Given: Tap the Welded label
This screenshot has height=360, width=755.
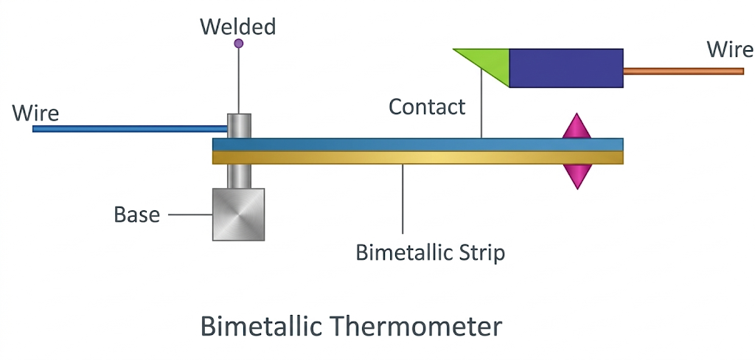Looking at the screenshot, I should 238,27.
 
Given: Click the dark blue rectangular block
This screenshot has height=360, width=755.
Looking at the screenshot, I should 566,68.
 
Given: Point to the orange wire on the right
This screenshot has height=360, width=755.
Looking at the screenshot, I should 683,72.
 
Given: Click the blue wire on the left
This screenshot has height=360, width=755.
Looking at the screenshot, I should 125,128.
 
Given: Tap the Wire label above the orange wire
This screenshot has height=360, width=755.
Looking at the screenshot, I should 729,49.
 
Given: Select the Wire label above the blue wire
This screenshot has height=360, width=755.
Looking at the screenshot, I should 35,113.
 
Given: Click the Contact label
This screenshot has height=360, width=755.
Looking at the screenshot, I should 427,107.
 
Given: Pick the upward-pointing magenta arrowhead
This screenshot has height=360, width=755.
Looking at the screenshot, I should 577,128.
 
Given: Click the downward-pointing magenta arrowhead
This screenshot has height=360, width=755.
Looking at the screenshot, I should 577,175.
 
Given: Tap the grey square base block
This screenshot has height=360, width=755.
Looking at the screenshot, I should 238,214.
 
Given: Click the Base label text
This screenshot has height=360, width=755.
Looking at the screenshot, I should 136,215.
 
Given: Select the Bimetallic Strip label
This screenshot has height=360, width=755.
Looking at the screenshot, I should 430,252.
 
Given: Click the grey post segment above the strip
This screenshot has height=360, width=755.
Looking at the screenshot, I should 239,125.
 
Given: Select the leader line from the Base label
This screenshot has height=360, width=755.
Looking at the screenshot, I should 190,215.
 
